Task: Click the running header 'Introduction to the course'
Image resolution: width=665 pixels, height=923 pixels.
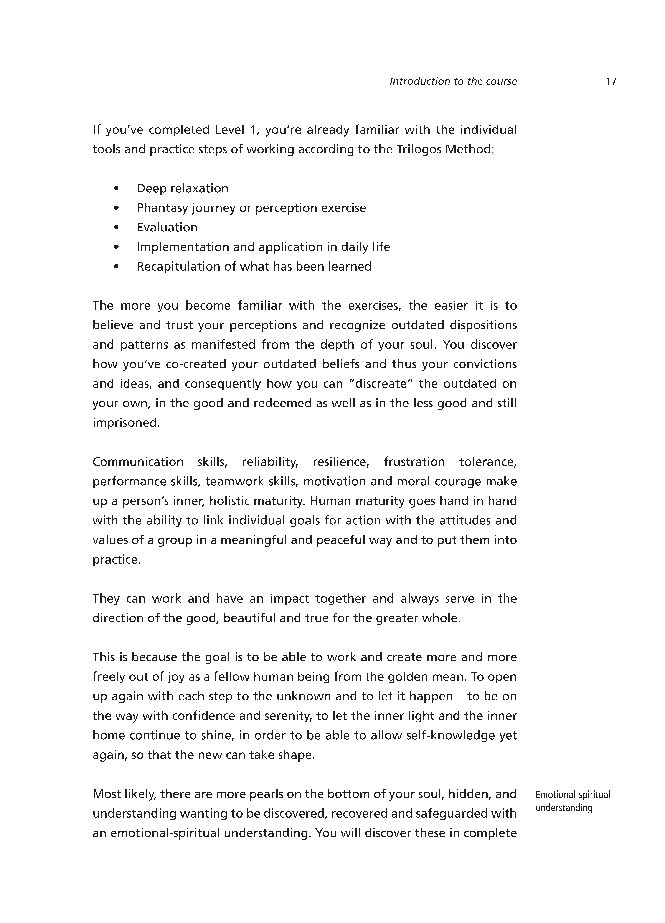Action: [x=453, y=81]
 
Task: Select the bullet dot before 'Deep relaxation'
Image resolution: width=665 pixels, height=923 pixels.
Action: [x=117, y=188]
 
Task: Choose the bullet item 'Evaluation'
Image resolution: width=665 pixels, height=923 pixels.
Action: [x=167, y=228]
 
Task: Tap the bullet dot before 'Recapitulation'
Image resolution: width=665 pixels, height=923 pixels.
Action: [x=117, y=267]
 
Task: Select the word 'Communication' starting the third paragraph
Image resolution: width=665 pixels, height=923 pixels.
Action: [x=138, y=462]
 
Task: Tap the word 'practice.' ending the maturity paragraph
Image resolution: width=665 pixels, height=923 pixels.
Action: [x=117, y=560]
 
